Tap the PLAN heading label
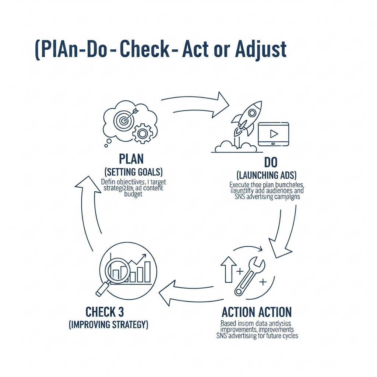131,159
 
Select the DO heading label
271,162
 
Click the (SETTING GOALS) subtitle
134,172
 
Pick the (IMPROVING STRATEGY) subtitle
109,325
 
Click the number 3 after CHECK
121,312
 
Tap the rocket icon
247,118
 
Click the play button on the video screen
274,133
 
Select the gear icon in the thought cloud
141,133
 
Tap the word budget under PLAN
133,194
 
